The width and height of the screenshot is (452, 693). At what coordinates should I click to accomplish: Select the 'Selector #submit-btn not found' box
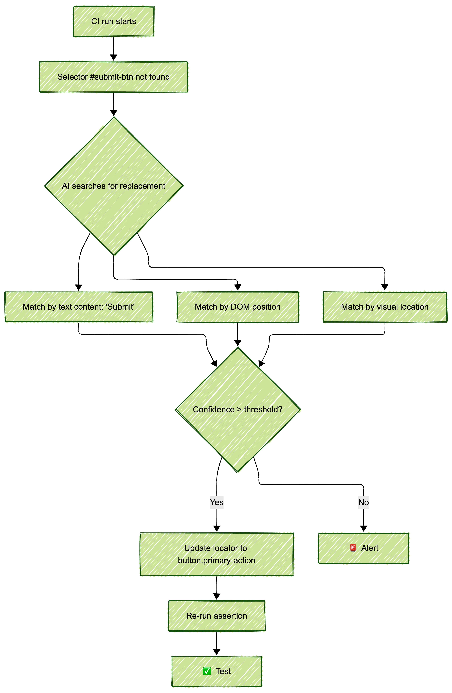114,77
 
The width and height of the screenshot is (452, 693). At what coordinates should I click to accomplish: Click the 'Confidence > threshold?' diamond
238,409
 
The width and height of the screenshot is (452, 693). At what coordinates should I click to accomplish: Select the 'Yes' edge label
217,502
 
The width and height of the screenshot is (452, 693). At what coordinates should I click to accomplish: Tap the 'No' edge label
363,502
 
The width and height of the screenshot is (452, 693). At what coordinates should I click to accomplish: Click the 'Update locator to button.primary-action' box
217,554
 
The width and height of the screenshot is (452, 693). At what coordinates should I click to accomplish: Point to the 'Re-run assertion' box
217,616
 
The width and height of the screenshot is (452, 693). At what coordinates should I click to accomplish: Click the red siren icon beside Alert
353,548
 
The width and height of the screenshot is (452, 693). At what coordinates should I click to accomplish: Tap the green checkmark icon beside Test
207,671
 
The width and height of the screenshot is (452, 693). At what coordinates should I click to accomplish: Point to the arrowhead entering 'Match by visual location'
385,287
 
